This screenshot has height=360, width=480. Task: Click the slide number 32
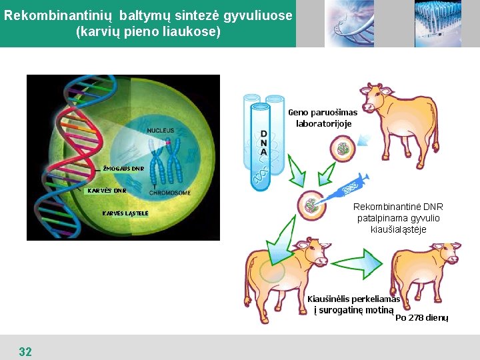(25, 351)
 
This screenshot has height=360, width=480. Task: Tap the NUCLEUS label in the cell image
(160, 130)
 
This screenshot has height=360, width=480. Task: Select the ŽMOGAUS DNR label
(123, 169)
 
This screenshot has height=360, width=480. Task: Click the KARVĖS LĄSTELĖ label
(125, 213)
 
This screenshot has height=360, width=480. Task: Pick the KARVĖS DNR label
(107, 190)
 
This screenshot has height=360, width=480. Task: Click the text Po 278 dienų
(421, 318)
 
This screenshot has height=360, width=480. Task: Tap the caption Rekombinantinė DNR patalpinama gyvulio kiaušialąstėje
(398, 218)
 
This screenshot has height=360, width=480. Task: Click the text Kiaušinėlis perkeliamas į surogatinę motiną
(353, 305)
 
